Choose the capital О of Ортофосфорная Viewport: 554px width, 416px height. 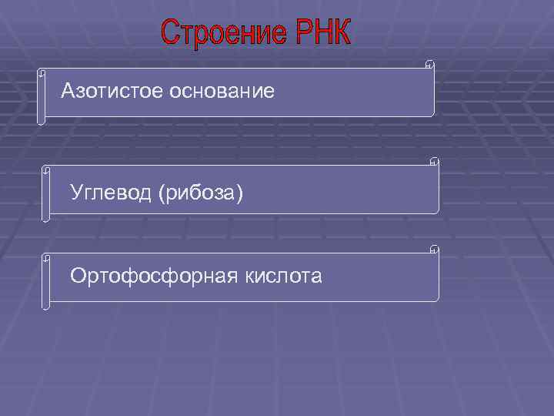(78, 275)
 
